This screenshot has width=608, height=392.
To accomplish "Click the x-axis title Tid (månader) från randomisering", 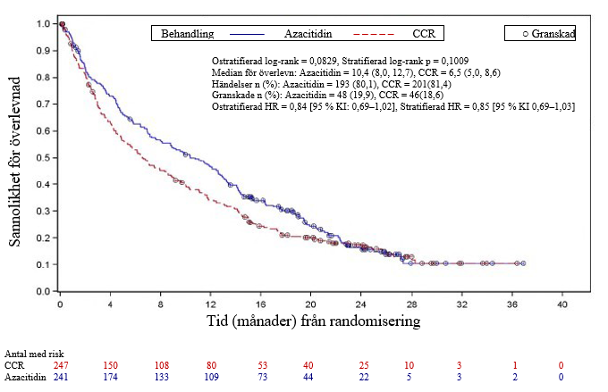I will click(x=311, y=320).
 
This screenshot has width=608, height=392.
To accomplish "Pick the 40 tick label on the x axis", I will click(x=562, y=304).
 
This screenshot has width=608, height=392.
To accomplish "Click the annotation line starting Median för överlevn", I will click(x=367, y=71).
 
